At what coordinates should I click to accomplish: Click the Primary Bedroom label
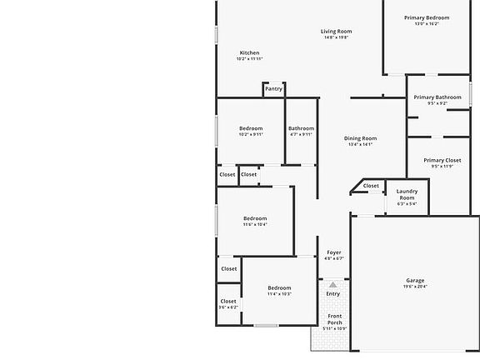coord(427,17)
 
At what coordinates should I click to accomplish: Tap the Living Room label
coord(336,32)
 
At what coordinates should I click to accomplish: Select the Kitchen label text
coord(249,52)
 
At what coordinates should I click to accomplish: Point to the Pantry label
coord(273,89)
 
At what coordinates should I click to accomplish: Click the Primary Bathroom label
coord(437,97)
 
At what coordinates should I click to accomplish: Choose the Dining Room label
coord(361,138)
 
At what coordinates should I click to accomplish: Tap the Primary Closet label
coord(442,160)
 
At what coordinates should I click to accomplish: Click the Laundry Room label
coord(407,194)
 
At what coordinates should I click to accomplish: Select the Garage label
coord(415,280)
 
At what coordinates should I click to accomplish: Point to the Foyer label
coord(333,252)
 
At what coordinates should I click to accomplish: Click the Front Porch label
coord(334,318)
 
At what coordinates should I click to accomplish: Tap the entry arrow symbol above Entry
coord(332,284)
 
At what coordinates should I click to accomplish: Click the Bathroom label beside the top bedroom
coord(301,128)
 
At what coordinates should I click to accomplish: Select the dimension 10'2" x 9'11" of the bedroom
coord(251,134)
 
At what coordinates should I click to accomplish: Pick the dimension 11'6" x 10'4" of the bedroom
coord(254,224)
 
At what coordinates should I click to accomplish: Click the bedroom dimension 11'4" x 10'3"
coord(279,293)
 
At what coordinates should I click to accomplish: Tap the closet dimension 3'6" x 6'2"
coord(228,307)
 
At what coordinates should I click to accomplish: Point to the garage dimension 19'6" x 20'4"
coord(415,287)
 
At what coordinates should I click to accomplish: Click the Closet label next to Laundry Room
coord(371,186)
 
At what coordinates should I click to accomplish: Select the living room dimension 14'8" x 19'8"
coord(336,37)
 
